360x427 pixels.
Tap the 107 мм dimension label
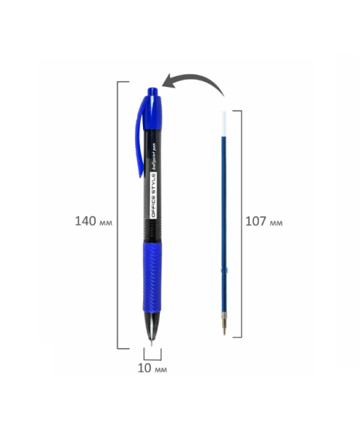point(263,221)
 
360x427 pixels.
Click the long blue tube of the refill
point(226,213)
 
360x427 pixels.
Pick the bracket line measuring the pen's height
point(119,213)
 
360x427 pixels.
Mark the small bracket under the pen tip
point(153,357)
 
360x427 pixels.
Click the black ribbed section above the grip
point(152,229)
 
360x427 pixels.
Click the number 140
point(85,221)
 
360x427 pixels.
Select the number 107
point(255,221)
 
